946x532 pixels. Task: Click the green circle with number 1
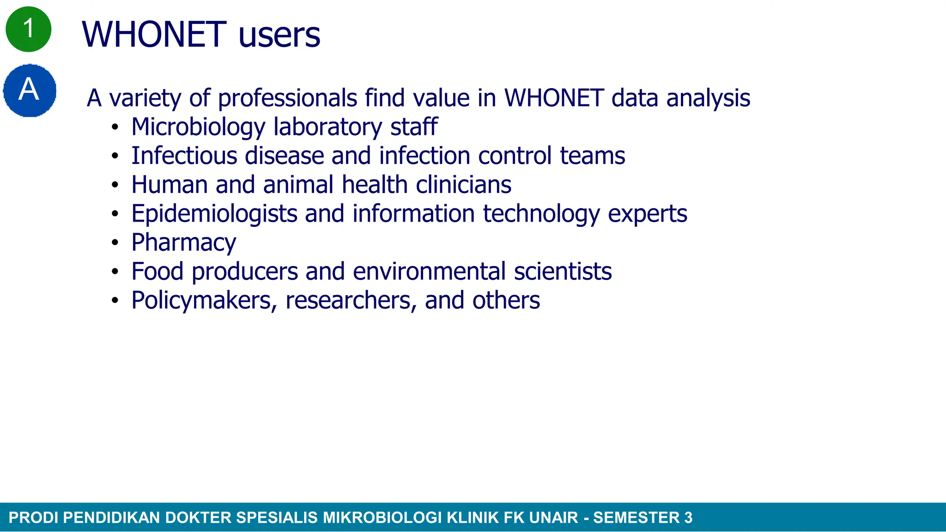click(28, 29)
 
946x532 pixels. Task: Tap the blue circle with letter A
click(30, 90)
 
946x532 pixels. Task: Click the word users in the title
click(279, 35)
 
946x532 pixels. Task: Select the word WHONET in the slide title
click(154, 35)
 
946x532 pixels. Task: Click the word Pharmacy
click(183, 242)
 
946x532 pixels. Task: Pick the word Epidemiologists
click(214, 214)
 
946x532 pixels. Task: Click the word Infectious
click(184, 156)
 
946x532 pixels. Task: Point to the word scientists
click(563, 272)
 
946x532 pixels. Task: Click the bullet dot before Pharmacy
click(115, 243)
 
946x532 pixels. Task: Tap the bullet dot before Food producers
click(115, 272)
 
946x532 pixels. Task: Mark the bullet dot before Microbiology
click(115, 127)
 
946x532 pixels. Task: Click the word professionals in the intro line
click(287, 98)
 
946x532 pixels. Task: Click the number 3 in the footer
click(688, 518)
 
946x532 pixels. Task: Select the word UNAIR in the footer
click(553, 518)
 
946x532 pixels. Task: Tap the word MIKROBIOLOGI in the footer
click(382, 518)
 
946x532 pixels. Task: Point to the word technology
click(541, 214)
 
